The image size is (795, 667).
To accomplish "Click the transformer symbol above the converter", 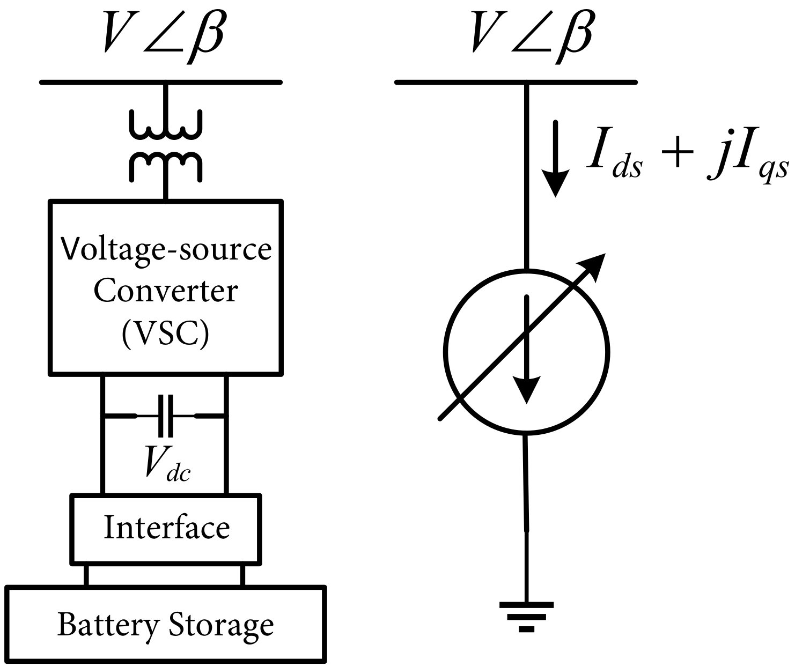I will [x=166, y=145].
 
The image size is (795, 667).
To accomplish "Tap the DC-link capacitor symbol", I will [x=165, y=416].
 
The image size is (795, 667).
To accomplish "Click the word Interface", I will [x=166, y=528].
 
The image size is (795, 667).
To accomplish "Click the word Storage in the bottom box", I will [x=221, y=625].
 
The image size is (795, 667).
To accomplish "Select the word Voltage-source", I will [x=166, y=250].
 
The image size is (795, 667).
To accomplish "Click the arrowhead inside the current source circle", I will [x=527, y=389].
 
